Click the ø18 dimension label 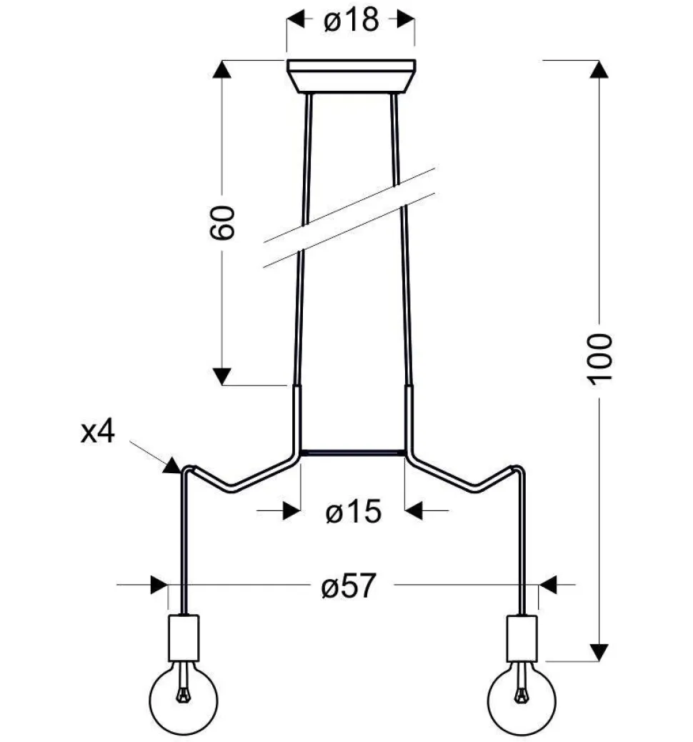point(351,20)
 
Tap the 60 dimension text point(222,222)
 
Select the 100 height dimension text point(600,360)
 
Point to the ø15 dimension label point(354,512)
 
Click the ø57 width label point(349,585)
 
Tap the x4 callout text point(97,432)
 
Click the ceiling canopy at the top point(352,76)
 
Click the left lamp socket point(184,638)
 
